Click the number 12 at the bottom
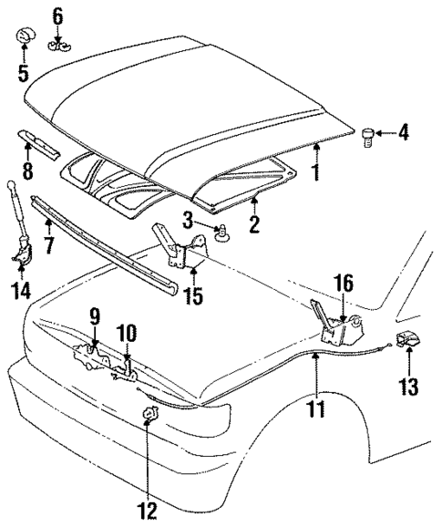click(x=147, y=509)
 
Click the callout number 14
click(x=19, y=292)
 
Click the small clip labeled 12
click(x=149, y=418)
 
